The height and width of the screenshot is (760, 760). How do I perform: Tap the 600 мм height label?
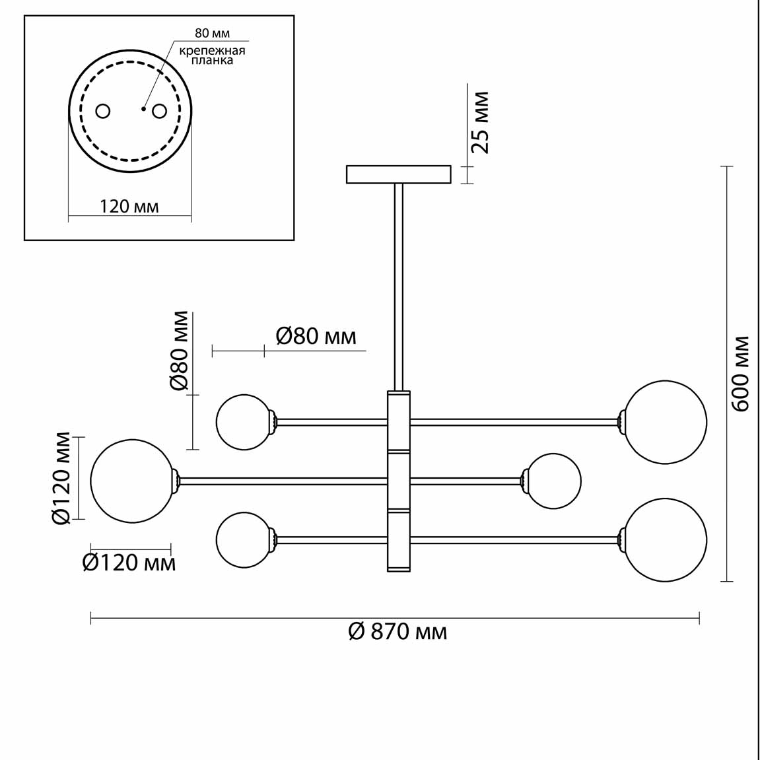click(741, 374)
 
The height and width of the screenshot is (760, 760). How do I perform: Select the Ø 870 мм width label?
click(397, 632)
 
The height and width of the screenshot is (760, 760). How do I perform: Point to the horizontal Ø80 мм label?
click(316, 336)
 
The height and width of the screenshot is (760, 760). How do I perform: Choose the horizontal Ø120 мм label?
click(129, 563)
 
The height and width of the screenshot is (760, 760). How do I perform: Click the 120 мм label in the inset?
click(129, 207)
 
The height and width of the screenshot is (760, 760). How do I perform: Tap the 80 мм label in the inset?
click(212, 33)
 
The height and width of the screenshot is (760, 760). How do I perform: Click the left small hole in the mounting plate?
click(103, 111)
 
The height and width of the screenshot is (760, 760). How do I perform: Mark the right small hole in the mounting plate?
click(159, 111)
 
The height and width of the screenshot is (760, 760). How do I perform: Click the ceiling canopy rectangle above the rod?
click(399, 174)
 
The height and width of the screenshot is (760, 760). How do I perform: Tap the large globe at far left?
click(132, 481)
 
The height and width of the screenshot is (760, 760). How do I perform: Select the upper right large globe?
click(665, 421)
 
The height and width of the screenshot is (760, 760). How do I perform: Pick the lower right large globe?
click(665, 540)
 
